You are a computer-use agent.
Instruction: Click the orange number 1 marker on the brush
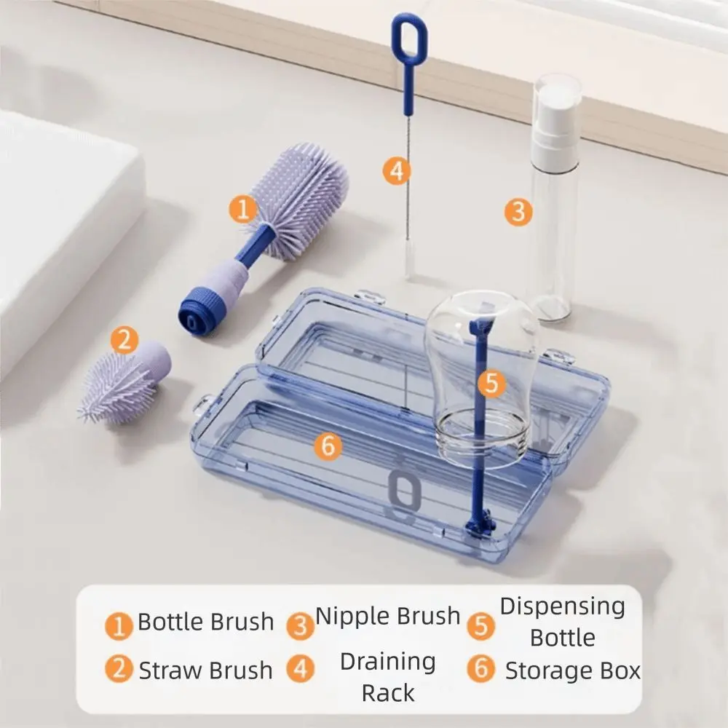pyautogui.click(x=243, y=210)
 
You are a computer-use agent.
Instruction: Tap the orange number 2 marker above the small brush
pyautogui.click(x=124, y=339)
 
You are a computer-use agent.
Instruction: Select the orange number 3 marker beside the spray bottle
pyautogui.click(x=518, y=212)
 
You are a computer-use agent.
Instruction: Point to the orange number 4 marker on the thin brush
pyautogui.click(x=396, y=171)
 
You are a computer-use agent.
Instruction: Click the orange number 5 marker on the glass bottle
pyautogui.click(x=491, y=383)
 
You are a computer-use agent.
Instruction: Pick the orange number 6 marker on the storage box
pyautogui.click(x=328, y=446)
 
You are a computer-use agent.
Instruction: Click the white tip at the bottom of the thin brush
pyautogui.click(x=410, y=262)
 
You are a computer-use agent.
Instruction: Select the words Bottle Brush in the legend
pyautogui.click(x=206, y=622)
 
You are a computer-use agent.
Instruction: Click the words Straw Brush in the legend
pyautogui.click(x=205, y=670)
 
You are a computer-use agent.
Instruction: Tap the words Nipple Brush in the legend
pyautogui.click(x=388, y=616)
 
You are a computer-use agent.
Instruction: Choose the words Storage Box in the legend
pyautogui.click(x=573, y=670)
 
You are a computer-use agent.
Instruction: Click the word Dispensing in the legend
pyautogui.click(x=563, y=606)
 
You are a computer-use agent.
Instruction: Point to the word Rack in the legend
pyautogui.click(x=388, y=693)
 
